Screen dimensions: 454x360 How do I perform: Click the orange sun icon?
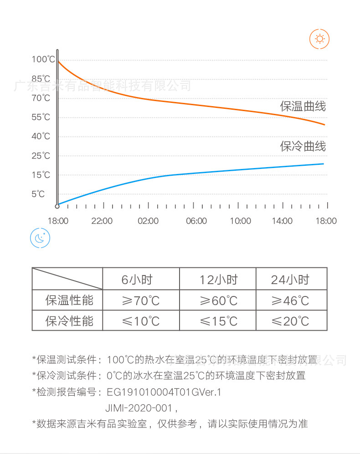tap(319, 39)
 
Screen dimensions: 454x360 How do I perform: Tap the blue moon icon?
tap(40, 238)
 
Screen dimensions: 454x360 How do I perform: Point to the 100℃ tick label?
tap(43, 59)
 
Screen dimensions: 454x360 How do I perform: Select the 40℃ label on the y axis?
tap(41, 136)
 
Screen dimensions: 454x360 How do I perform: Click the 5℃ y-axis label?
tap(38, 194)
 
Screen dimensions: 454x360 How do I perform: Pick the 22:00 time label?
tap(102, 221)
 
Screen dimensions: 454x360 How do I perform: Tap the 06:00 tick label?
tap(196, 221)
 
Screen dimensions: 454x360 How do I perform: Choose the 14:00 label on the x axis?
tap(282, 221)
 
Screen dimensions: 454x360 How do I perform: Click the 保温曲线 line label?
tap(303, 107)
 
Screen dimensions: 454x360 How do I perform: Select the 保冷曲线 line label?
tap(303, 147)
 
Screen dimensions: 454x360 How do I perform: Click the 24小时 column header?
tap(290, 280)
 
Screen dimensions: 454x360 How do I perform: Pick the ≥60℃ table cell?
tap(219, 301)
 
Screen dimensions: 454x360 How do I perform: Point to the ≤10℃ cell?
tap(141, 321)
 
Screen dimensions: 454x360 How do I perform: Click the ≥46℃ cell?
tap(290, 301)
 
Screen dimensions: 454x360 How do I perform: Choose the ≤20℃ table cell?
tap(290, 321)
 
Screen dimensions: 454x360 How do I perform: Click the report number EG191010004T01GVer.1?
tap(164, 392)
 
